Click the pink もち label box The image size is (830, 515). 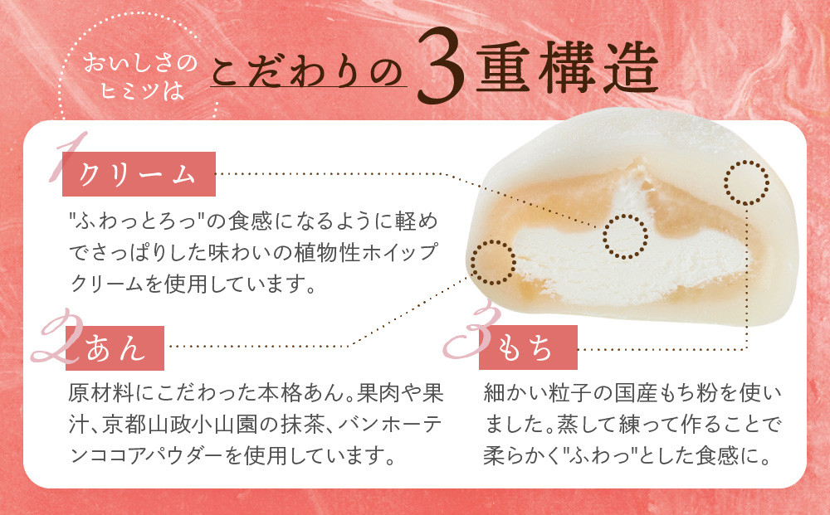528,347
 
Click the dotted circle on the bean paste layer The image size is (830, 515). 492,261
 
